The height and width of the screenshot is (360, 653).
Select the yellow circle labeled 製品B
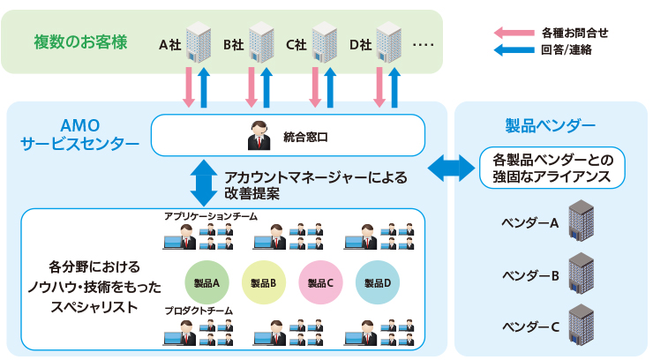click(263, 282)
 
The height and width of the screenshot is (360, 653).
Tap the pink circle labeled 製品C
click(320, 282)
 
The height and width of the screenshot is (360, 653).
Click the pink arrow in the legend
click(510, 33)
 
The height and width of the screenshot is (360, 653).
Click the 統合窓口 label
click(308, 137)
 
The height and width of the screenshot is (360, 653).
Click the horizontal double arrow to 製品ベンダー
click(453, 167)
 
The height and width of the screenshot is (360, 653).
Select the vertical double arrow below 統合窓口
click(204, 182)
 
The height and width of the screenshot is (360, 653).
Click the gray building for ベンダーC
click(582, 325)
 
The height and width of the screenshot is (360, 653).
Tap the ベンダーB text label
click(530, 275)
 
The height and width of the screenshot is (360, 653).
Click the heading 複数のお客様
click(80, 41)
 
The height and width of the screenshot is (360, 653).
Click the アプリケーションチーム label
click(210, 215)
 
